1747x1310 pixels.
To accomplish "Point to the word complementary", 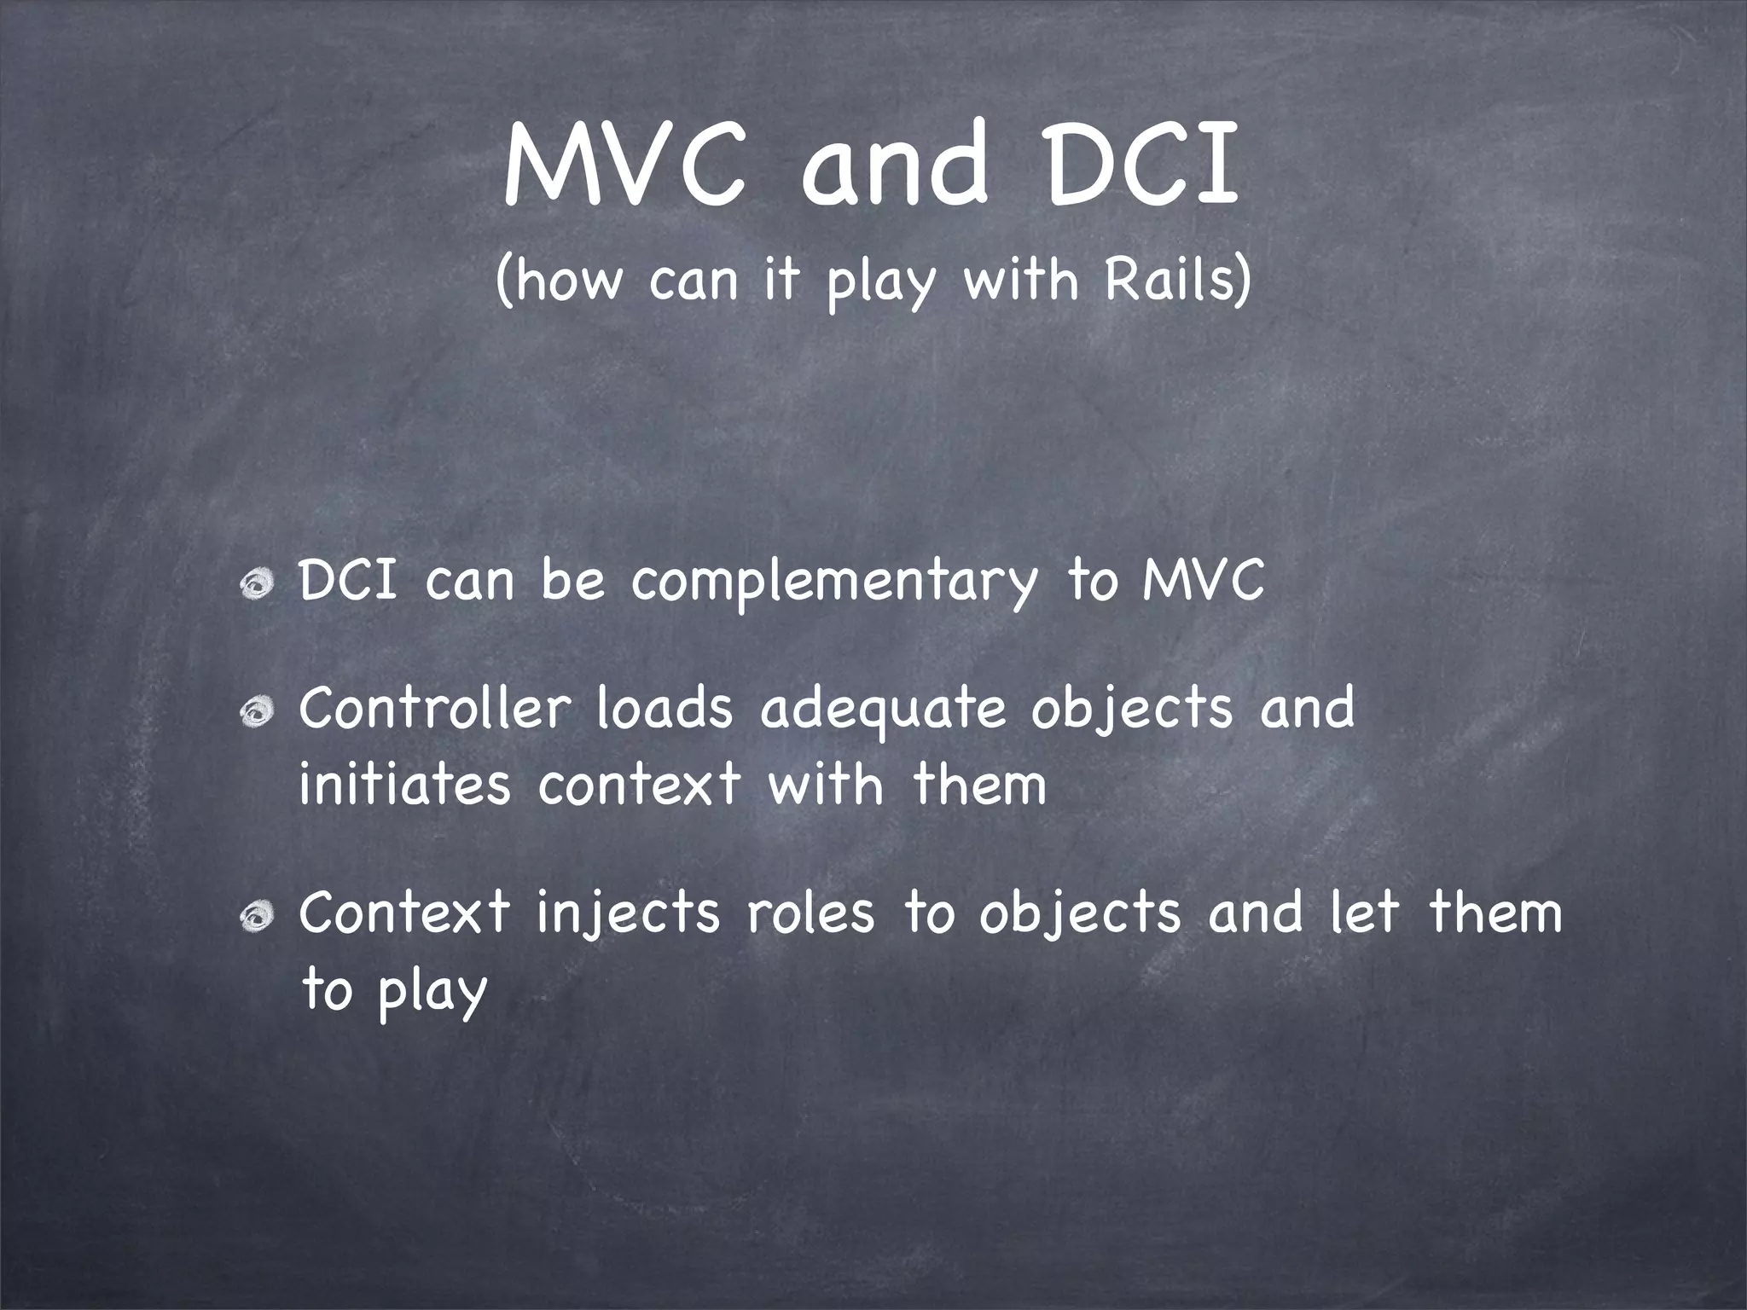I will click(834, 582).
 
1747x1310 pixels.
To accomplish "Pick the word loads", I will click(665, 708).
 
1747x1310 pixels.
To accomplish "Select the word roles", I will click(810, 913).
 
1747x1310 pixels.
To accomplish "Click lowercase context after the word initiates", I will click(638, 785).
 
